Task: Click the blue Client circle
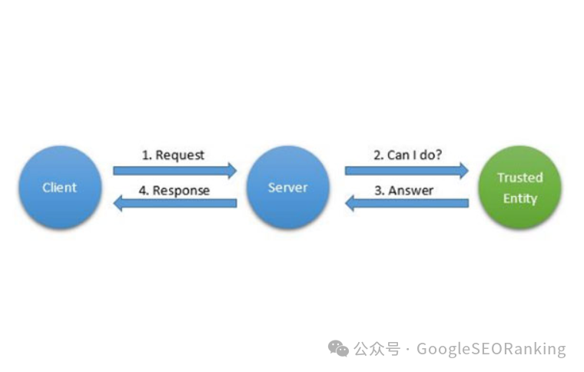(x=60, y=187)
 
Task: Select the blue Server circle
(x=287, y=187)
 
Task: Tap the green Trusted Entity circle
(x=519, y=187)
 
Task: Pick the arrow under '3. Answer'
(x=406, y=203)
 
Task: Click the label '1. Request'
(x=173, y=154)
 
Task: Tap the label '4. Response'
(x=174, y=190)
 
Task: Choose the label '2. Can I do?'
(x=407, y=154)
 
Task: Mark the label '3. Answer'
(x=403, y=190)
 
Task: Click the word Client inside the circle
(x=60, y=188)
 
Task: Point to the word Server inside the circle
(x=287, y=188)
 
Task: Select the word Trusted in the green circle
(x=519, y=178)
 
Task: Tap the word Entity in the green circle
(x=519, y=198)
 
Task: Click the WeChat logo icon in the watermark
(x=338, y=349)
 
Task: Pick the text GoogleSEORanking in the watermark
(x=491, y=349)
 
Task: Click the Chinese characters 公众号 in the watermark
(x=377, y=349)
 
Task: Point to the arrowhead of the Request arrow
(x=231, y=171)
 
